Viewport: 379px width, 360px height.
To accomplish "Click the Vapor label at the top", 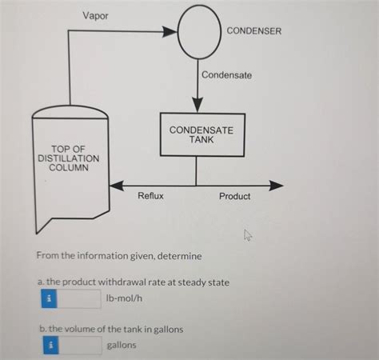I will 96,16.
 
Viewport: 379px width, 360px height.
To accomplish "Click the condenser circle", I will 197,32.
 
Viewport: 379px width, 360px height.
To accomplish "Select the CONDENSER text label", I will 254,31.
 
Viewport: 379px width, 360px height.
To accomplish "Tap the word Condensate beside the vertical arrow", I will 226,75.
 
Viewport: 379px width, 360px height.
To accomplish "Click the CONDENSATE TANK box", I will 197,134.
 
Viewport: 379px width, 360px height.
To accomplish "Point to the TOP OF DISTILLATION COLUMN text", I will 68,158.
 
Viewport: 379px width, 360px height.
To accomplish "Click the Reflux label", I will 150,196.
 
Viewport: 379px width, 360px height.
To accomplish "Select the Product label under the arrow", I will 234,196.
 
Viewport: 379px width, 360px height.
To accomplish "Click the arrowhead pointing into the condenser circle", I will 170,32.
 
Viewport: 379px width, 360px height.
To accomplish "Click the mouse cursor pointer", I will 248,234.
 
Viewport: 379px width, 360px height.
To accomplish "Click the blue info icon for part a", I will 50,298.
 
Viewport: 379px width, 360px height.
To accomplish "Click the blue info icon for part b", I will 50,345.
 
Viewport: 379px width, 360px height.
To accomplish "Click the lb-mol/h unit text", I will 124,298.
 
